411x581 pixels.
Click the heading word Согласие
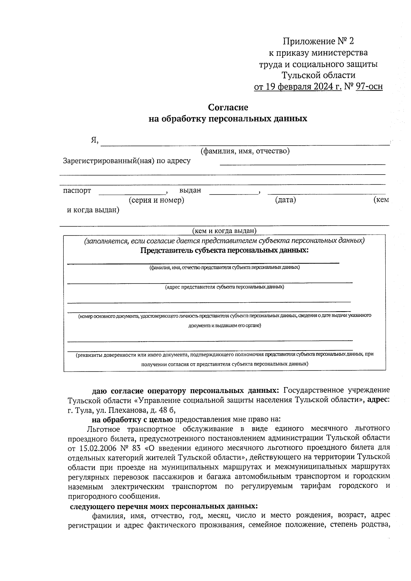pyautogui.click(x=228, y=108)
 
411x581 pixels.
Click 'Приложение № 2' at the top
pyautogui.click(x=318, y=41)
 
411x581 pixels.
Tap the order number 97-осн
pyautogui.click(x=369, y=87)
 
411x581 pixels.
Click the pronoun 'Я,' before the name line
pyautogui.click(x=95, y=140)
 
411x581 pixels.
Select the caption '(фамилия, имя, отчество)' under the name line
pyautogui.click(x=245, y=151)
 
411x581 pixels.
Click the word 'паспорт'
pyautogui.click(x=77, y=190)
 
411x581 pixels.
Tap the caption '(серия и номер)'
pyautogui.click(x=157, y=200)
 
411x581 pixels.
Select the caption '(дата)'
pyautogui.click(x=285, y=200)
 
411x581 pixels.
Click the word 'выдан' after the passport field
pyautogui.click(x=190, y=190)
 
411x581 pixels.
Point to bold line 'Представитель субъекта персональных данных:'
pyautogui.click(x=224, y=250)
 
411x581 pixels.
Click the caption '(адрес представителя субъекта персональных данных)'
pyautogui.click(x=224, y=287)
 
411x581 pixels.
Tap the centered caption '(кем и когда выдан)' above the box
pyautogui.click(x=224, y=231)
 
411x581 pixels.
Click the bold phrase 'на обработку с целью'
pyautogui.click(x=132, y=419)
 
